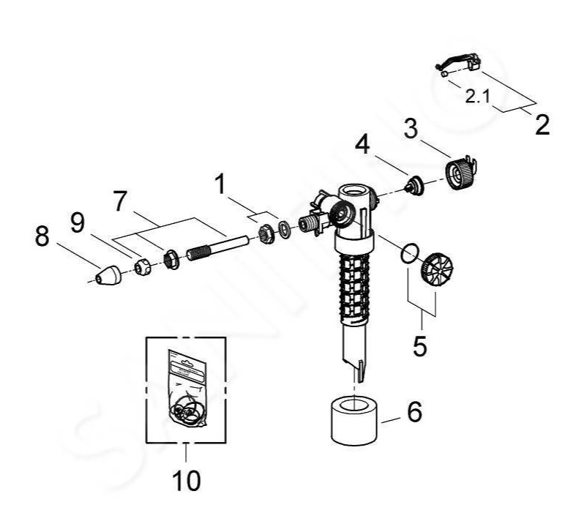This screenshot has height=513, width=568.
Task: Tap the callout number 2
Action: click(542, 124)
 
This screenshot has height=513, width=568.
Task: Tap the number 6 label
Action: click(414, 413)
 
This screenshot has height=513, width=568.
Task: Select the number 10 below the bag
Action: click(186, 480)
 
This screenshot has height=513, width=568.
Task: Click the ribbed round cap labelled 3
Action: click(460, 174)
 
